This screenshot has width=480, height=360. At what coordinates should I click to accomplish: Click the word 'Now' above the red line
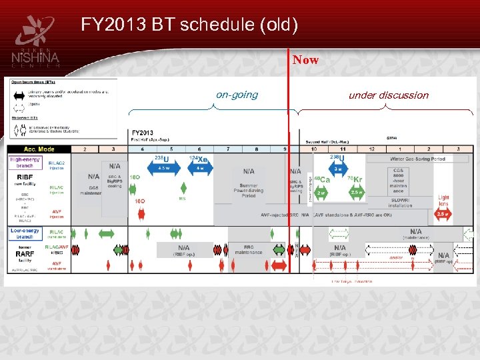click(305, 60)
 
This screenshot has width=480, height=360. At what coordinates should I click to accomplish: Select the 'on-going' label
click(237, 95)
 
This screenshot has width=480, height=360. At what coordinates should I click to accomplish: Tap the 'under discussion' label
click(389, 95)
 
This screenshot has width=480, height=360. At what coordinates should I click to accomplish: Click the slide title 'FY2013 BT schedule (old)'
click(189, 25)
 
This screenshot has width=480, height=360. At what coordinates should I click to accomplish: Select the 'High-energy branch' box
click(25, 161)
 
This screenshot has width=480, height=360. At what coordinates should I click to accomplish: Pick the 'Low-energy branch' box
click(25, 233)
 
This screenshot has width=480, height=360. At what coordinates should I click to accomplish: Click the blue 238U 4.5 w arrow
click(164, 168)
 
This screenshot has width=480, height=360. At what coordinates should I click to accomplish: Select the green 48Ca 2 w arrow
click(321, 191)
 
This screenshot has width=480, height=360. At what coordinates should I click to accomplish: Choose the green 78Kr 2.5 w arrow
click(356, 191)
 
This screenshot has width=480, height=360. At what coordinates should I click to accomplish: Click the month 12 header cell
click(371, 149)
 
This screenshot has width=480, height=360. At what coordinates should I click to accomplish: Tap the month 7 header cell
click(229, 149)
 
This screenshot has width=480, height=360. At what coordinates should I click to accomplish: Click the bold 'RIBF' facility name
click(25, 177)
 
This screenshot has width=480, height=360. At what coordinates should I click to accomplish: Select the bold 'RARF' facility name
click(25, 253)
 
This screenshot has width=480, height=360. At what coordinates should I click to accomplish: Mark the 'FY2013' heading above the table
click(143, 133)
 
